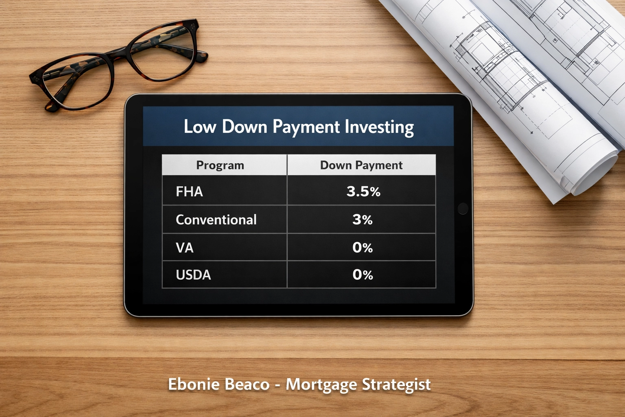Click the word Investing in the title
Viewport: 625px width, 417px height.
pyautogui.click(x=379, y=127)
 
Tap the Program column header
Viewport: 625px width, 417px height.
pyautogui.click(x=220, y=165)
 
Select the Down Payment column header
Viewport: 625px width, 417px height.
pyautogui.click(x=361, y=165)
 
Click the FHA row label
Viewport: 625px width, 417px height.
pyautogui.click(x=189, y=191)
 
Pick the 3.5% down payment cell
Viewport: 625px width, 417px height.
pyautogui.click(x=363, y=191)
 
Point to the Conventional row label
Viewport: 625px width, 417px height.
pyautogui.click(x=216, y=220)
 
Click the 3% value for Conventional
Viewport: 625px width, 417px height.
pyautogui.click(x=363, y=220)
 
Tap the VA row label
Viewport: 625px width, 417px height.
pyautogui.click(x=184, y=248)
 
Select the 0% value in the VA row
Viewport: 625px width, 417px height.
pyautogui.click(x=363, y=248)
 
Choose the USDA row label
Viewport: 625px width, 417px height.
pyautogui.click(x=193, y=275)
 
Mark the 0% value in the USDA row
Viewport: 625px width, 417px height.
pyautogui.click(x=363, y=275)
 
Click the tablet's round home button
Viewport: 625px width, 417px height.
pyautogui.click(x=463, y=208)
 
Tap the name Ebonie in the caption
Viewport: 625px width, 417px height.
pyautogui.click(x=189, y=384)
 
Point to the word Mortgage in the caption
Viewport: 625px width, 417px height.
pyautogui.click(x=321, y=384)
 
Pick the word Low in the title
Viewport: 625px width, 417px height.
pyautogui.click(x=199, y=127)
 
